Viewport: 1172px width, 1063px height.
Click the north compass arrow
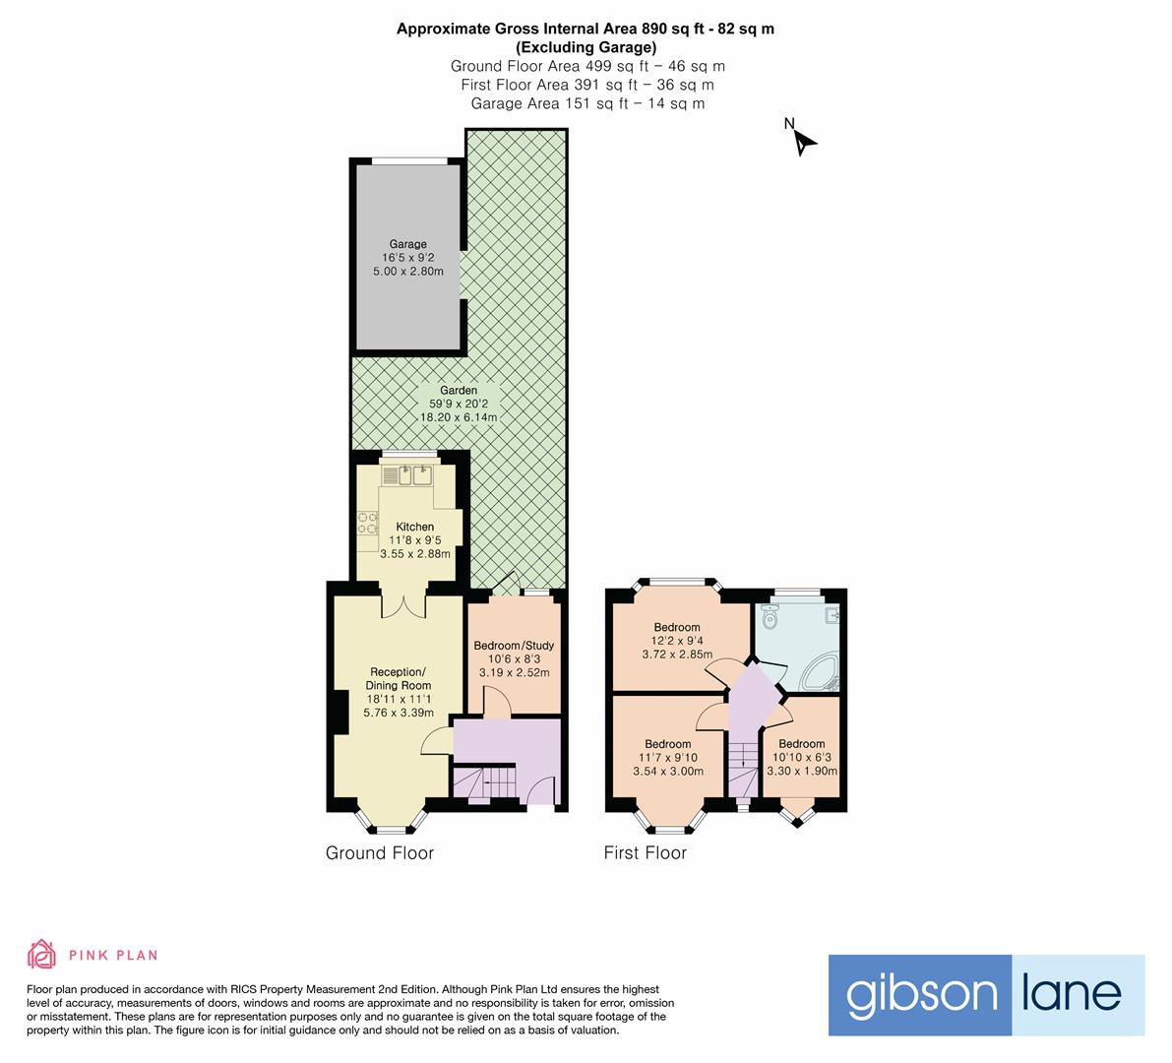point(804,142)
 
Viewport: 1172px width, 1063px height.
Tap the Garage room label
point(407,244)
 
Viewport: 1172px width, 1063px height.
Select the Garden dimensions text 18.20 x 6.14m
point(459,417)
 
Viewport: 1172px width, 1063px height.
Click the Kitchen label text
point(414,527)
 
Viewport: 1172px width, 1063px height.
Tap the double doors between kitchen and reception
point(402,602)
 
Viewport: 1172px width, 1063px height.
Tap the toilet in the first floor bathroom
point(770,618)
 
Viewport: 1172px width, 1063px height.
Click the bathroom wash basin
point(833,615)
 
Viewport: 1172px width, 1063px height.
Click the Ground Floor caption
point(380,853)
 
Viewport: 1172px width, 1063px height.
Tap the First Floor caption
point(645,853)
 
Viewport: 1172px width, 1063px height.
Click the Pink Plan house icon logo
point(41,954)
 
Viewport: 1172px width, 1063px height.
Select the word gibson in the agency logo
point(921,994)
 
